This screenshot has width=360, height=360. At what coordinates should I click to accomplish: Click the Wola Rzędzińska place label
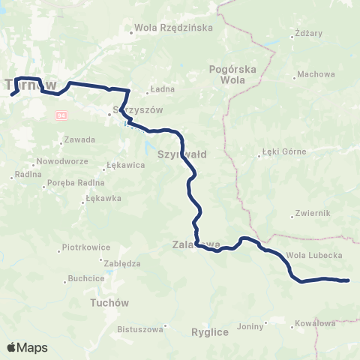pos(173,28)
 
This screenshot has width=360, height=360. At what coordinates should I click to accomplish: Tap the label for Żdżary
pos(309,34)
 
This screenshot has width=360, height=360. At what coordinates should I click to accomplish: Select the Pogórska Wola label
pos(232,75)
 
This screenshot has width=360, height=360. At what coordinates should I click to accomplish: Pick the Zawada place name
pos(79,139)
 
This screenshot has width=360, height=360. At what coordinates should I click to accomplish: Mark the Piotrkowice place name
pos(86,247)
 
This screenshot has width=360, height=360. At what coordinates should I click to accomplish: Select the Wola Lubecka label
pos(315,255)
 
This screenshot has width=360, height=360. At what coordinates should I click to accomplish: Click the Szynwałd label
pos(182,154)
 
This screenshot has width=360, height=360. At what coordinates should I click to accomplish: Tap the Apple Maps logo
pos(27,347)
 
